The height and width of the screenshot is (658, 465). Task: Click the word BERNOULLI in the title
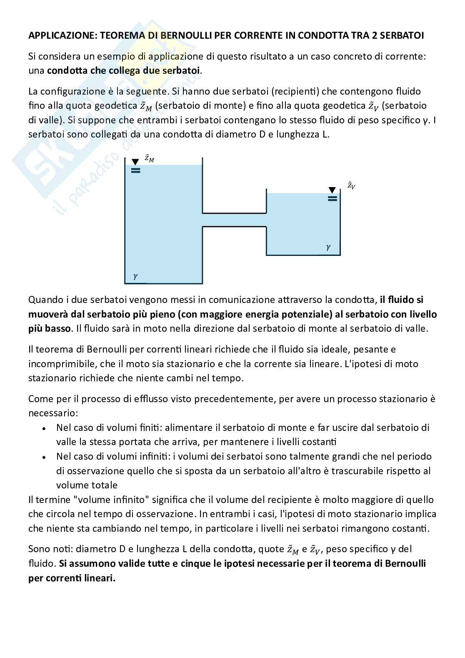click(184, 35)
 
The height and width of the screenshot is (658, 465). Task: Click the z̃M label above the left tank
click(149, 158)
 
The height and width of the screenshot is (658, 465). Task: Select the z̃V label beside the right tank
click(351, 185)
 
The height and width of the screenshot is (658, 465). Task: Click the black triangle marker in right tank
click(332, 190)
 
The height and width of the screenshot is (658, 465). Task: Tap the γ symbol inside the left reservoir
click(135, 276)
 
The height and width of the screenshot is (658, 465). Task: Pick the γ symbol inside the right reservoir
click(328, 247)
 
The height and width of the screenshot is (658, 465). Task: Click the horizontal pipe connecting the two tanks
click(234, 220)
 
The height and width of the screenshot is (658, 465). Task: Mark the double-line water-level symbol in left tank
click(135, 170)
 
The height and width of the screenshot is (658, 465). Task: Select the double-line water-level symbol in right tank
click(332, 199)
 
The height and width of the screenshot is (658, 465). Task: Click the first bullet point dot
click(44, 428)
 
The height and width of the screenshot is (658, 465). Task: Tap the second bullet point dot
click(44, 457)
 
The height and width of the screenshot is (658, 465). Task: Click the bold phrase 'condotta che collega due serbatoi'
click(124, 70)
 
